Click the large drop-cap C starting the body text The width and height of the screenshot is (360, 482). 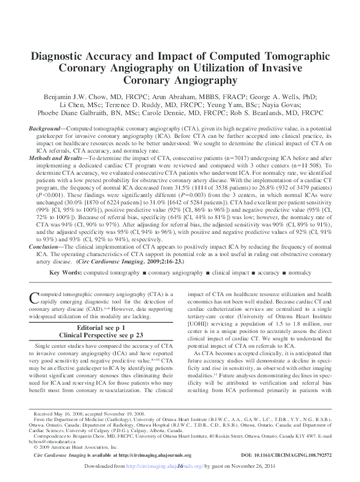(x=34, y=297)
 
